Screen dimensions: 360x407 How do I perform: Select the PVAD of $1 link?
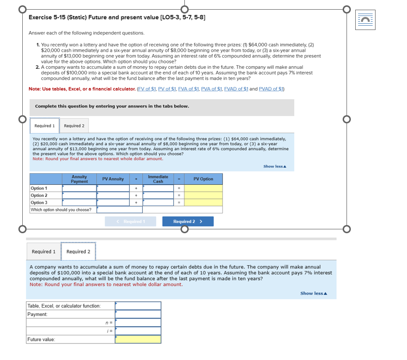[x=271, y=89]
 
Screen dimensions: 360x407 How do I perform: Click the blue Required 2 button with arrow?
[x=187, y=222]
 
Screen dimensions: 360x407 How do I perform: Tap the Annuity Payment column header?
[x=79, y=179]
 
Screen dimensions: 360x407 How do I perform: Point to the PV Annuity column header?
[x=113, y=179]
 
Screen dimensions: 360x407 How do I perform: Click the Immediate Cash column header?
[x=158, y=179]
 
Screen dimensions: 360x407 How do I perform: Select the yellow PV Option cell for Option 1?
[x=203, y=188]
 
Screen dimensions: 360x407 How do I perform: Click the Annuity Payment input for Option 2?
[x=79, y=195]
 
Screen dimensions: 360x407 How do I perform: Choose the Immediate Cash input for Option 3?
[x=158, y=203]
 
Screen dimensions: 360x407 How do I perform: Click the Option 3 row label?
[x=39, y=203]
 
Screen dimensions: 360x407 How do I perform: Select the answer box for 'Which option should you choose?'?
[x=120, y=210]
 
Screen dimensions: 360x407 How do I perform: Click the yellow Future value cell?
[x=138, y=339]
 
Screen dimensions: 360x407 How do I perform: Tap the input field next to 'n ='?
[x=138, y=323]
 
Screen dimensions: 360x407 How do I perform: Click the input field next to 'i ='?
[x=138, y=331]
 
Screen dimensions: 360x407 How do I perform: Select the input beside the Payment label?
[x=138, y=315]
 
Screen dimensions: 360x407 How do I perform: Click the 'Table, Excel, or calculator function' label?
[x=64, y=306]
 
